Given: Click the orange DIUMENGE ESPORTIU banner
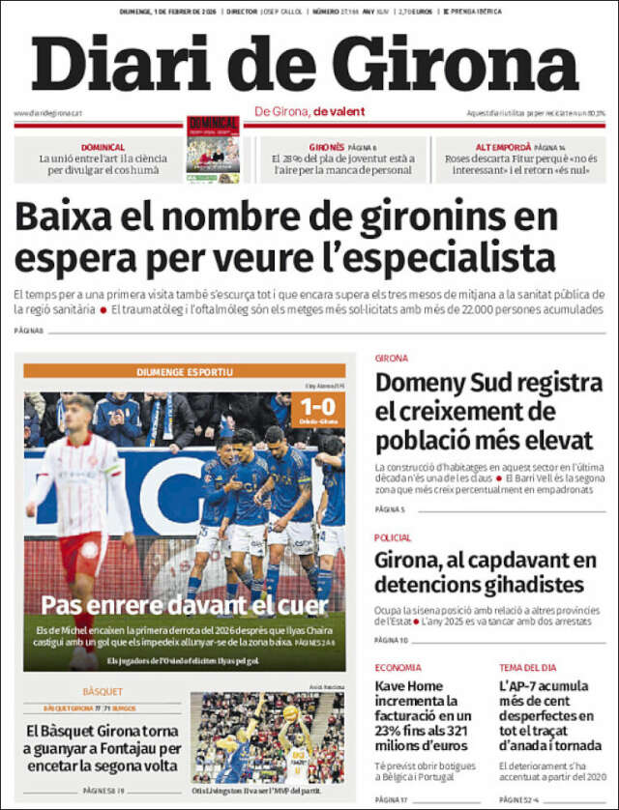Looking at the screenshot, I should tap(184, 371).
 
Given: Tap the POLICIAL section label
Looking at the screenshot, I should tap(393, 537).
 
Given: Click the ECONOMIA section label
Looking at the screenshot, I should tap(398, 667).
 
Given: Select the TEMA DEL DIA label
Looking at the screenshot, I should tap(527, 667).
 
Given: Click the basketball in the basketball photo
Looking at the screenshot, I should tap(290, 712).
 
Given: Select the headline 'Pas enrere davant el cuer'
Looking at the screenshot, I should tap(184, 605).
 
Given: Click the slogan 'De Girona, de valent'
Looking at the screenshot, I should tap(309, 111).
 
